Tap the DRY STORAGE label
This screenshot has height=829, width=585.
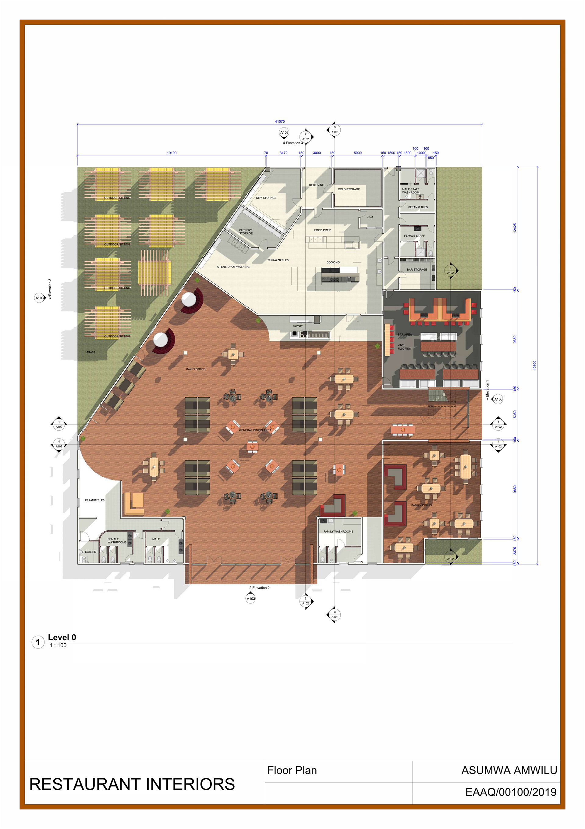click(266, 198)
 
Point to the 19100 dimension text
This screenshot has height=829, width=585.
click(172, 153)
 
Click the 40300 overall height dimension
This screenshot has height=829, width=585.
click(534, 365)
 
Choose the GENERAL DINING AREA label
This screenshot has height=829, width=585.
click(255, 430)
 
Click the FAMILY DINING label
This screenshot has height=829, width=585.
click(421, 505)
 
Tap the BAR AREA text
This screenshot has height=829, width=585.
click(404, 334)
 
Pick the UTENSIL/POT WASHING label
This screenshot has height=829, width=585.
click(233, 267)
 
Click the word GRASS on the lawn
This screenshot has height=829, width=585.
click(91, 352)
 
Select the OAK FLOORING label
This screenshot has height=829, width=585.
click(196, 369)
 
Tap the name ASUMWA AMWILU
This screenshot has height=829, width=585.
click(509, 770)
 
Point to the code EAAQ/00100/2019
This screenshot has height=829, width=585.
click(511, 792)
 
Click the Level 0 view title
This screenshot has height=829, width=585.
click(62, 637)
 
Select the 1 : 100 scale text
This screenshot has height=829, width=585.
click(58, 645)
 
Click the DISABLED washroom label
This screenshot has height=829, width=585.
click(89, 552)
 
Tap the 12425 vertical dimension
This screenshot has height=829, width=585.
click(515, 228)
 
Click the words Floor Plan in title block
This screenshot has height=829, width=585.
click(292, 770)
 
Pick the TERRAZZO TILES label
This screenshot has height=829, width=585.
click(278, 260)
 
